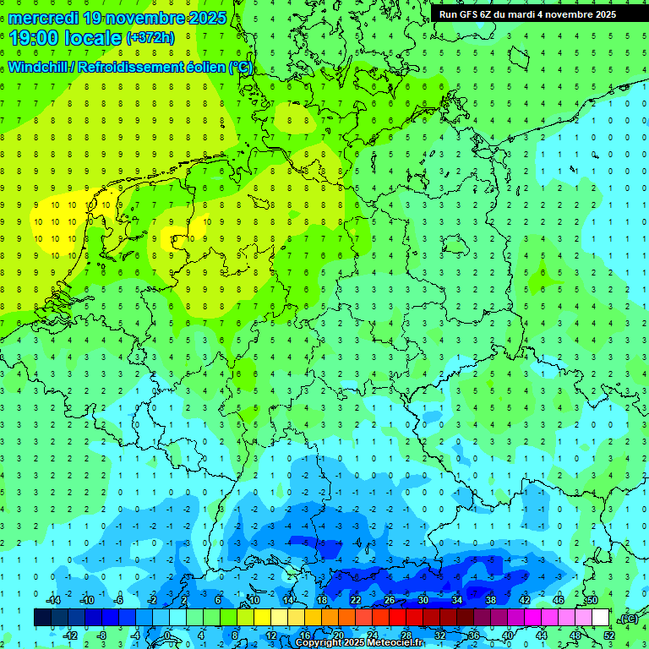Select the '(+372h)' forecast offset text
coord(150,38)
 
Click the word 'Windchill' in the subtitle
coord(39,67)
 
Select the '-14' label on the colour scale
coord(53,600)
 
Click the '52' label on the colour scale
coord(608,635)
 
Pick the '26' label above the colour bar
coord(390,600)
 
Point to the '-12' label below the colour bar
coord(70,635)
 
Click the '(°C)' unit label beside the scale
coord(628,619)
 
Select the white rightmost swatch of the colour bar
coord(600,618)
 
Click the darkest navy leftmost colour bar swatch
coord(42,618)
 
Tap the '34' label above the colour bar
coord(457,600)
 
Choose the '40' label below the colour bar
coord(507,635)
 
